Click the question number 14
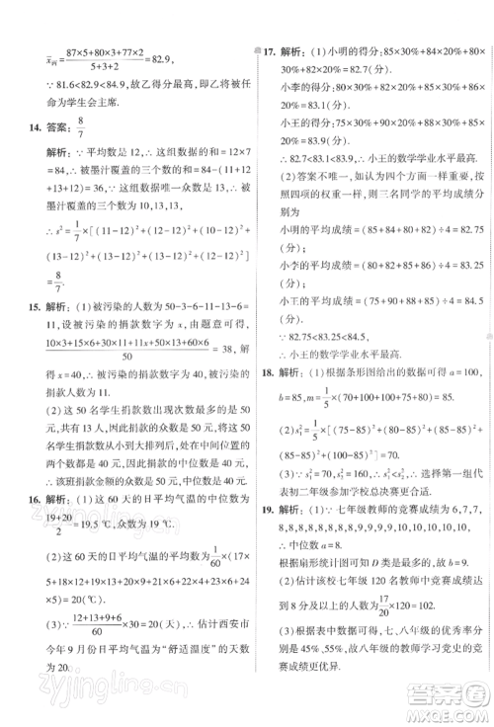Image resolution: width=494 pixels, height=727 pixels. click(x=28, y=123)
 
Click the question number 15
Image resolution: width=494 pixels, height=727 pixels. click(x=28, y=307)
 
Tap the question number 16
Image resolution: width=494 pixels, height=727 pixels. click(x=28, y=498)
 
